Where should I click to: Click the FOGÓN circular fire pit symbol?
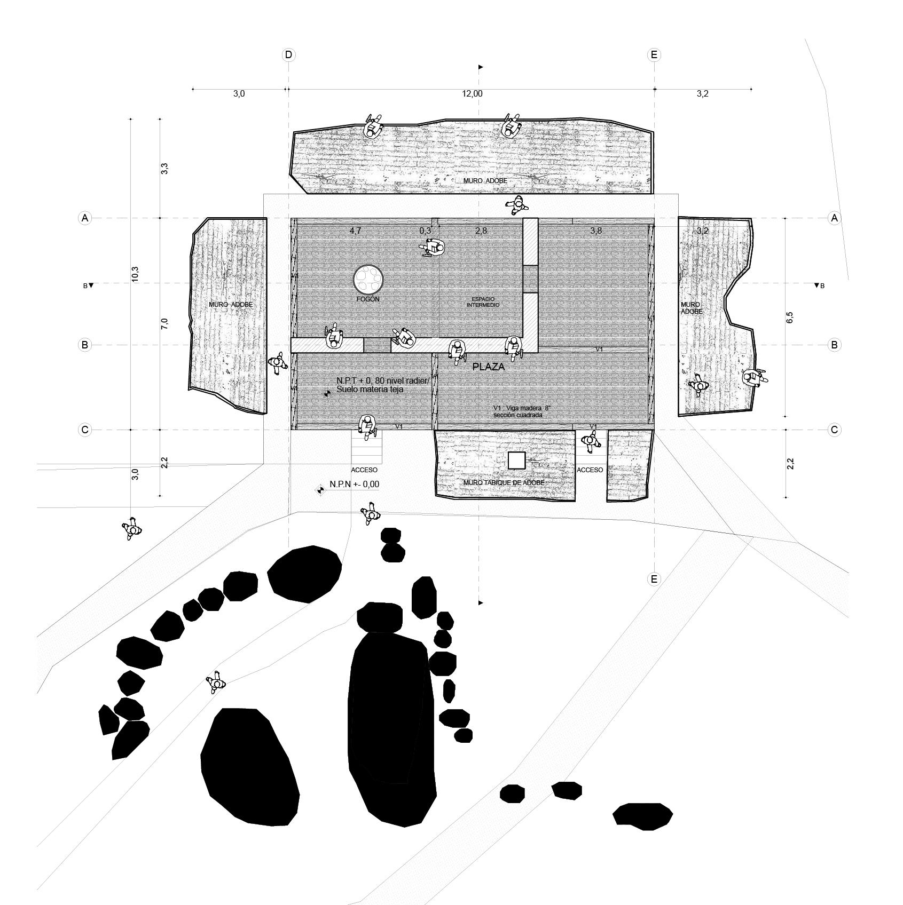tap(368, 279)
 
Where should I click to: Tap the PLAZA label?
tap(488, 367)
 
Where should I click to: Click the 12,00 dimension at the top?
tap(472, 94)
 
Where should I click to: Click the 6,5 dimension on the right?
tap(790, 317)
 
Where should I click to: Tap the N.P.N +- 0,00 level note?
tap(354, 484)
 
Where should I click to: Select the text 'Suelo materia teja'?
tap(370, 390)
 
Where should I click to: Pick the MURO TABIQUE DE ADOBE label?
tap(504, 483)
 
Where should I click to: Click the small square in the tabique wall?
tap(516, 461)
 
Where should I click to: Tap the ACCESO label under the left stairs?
tap(364, 470)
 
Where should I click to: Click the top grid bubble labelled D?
tap(288, 54)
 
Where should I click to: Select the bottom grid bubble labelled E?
tap(654, 579)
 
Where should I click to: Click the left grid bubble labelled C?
tap(84, 430)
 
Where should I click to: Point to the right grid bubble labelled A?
tap(834, 218)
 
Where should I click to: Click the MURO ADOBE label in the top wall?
tap(485, 181)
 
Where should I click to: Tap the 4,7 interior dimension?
tap(356, 231)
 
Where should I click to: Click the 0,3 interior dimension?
tap(425, 231)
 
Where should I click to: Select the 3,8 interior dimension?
tap(596, 231)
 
